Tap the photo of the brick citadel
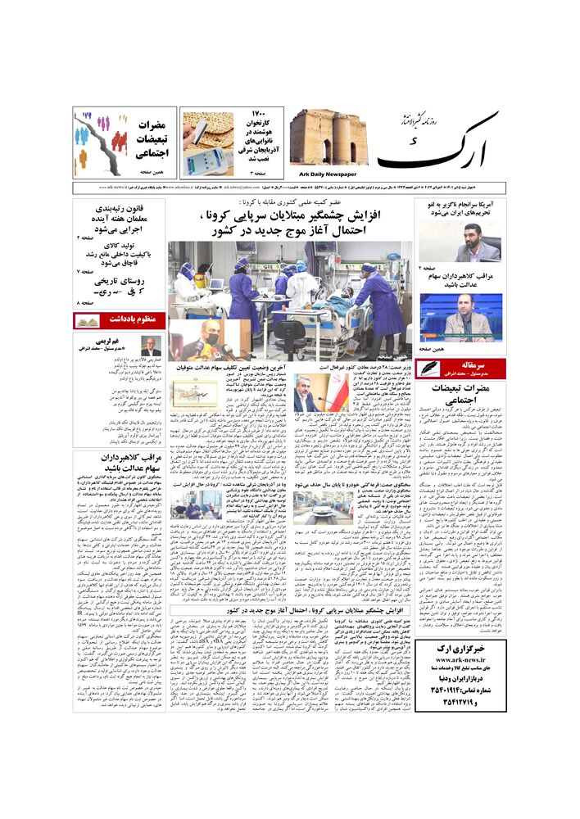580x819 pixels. point(328,137)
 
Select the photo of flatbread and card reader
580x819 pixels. point(206,144)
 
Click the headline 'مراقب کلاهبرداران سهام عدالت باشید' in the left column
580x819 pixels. point(120,463)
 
